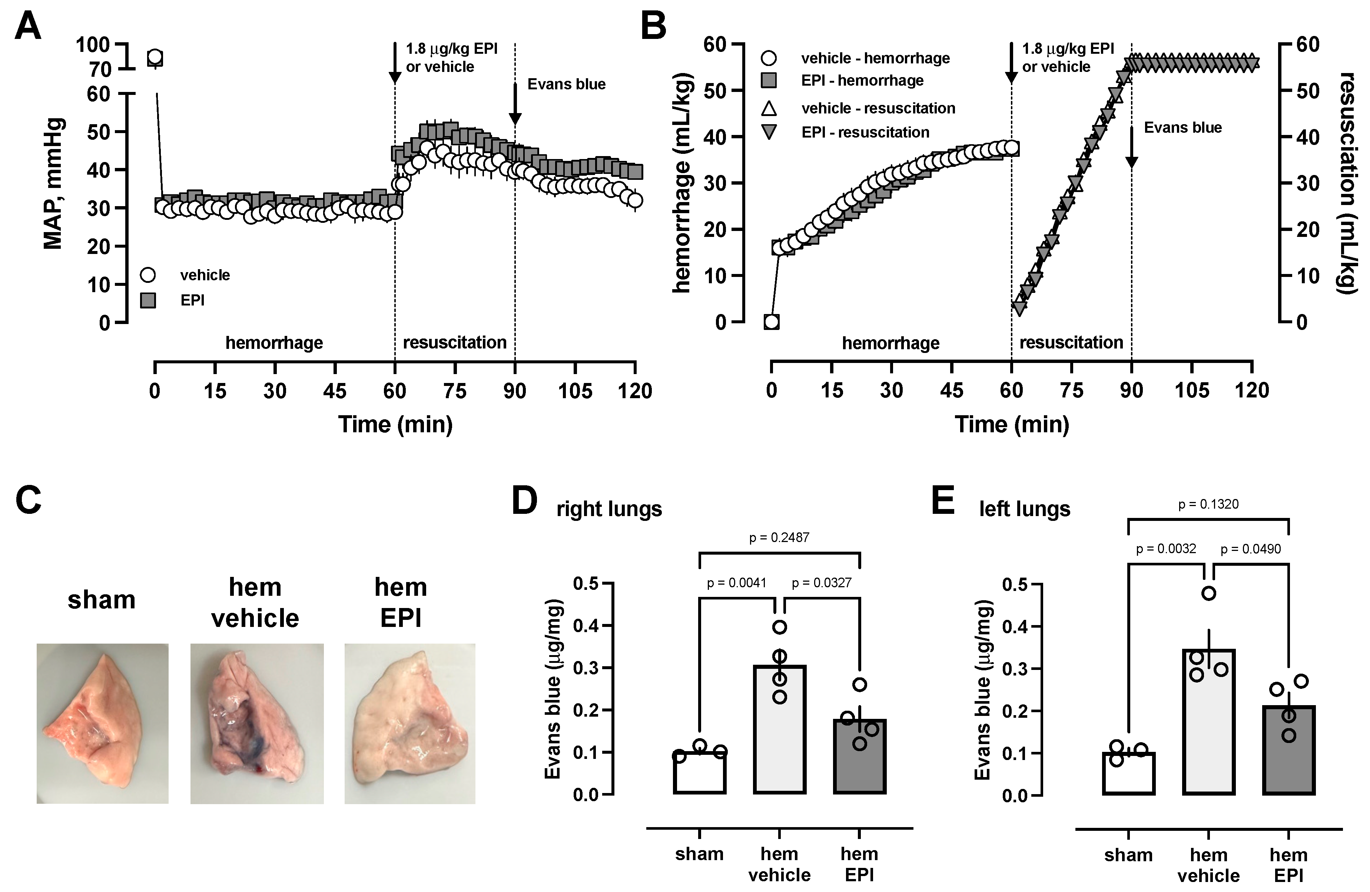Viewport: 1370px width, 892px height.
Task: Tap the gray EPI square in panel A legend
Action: tap(149, 300)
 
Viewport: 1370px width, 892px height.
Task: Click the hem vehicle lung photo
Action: tap(257, 723)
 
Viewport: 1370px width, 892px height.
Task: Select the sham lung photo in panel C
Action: tap(102, 723)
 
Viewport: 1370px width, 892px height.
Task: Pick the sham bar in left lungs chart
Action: tap(1128, 773)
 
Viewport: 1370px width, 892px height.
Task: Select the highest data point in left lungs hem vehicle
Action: tap(1208, 594)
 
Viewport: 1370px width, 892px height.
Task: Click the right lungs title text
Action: tap(609, 509)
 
